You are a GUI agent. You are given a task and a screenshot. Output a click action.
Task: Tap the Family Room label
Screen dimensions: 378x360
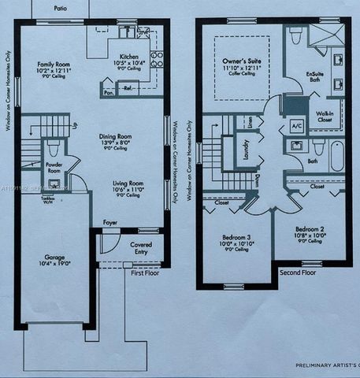(54, 65)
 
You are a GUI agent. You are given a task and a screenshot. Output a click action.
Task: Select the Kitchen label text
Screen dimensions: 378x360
(129, 57)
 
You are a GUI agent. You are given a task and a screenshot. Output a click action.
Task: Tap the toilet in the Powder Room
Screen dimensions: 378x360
(54, 148)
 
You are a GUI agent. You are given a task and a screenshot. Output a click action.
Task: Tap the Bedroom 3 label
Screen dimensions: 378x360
(236, 237)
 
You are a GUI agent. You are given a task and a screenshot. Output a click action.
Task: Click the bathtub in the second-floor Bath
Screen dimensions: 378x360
(336, 155)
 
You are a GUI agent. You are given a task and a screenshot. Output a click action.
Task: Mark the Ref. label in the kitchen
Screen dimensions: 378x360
(127, 89)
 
